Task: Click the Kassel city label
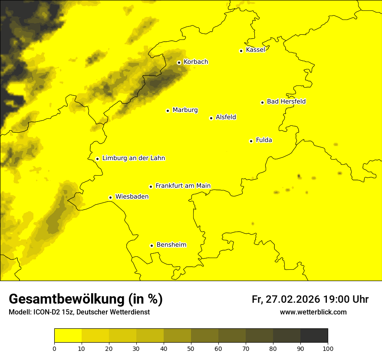pyautogui.click(x=255, y=50)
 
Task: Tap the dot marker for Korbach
pyautogui.click(x=179, y=62)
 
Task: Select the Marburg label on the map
pyautogui.click(x=185, y=110)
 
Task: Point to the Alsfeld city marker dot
pyautogui.click(x=211, y=118)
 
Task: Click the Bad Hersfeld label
pyautogui.click(x=286, y=101)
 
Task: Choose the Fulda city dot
pyautogui.click(x=251, y=141)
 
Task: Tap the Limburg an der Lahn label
pyautogui.click(x=133, y=158)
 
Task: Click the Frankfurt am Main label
pyautogui.click(x=183, y=186)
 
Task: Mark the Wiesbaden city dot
pyautogui.click(x=111, y=197)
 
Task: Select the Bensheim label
pyautogui.click(x=171, y=245)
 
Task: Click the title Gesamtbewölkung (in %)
pyautogui.click(x=86, y=299)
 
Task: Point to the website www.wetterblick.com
pyautogui.click(x=313, y=312)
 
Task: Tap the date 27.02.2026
pyautogui.click(x=293, y=299)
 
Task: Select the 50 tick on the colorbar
pyautogui.click(x=191, y=348)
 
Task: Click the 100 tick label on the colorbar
pyautogui.click(x=328, y=348)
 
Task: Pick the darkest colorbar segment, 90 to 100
pyautogui.click(x=314, y=336)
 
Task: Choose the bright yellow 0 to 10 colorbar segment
pyautogui.click(x=68, y=336)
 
